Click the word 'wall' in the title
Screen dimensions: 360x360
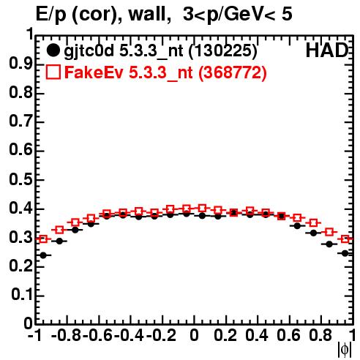pos(149,14)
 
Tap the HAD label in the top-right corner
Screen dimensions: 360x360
pos(327,50)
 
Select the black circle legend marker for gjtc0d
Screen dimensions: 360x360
pos(53,50)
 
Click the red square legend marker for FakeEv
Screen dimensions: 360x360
pos(53,72)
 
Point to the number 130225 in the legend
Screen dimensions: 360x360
pos(223,50)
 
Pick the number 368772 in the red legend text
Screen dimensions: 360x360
pos(233,72)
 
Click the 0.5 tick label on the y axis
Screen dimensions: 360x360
pos(20,180)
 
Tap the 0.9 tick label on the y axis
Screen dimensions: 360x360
pos(20,64)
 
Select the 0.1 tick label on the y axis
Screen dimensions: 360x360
pos(21,295)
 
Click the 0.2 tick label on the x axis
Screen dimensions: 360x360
pos(225,335)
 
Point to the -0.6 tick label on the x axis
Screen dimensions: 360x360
pos(97,335)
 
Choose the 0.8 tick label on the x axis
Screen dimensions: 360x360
pos(320,335)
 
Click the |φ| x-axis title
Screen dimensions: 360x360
pos(345,350)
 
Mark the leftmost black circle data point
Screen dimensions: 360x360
pos(43,255)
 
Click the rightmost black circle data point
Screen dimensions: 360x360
pos(345,253)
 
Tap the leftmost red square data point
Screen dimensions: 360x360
pos(43,239)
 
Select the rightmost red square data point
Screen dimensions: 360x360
pos(345,239)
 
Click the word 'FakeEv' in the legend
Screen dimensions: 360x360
pos(94,72)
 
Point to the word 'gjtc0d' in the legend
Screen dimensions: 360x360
pos(89,51)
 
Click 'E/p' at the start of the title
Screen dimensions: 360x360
pos(51,15)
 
